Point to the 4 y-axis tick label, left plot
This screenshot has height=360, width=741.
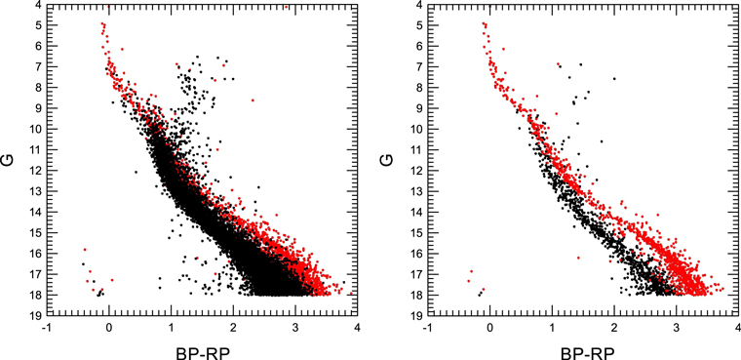coord(34,6)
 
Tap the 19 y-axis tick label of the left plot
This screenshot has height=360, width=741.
coord(31,316)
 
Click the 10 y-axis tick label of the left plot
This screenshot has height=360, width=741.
coord(31,130)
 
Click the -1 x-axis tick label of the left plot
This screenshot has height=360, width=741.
coord(46,328)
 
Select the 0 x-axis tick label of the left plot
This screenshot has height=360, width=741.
coord(110,328)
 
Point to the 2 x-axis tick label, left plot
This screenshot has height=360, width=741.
coord(233,328)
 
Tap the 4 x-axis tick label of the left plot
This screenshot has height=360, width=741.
coord(357,328)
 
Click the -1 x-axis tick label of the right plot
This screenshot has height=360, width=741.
coord(427,328)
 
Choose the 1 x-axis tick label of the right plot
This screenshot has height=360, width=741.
coord(553,328)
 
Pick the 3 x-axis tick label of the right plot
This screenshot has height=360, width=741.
coord(677,328)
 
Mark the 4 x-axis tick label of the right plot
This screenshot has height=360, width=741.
coord(738,328)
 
